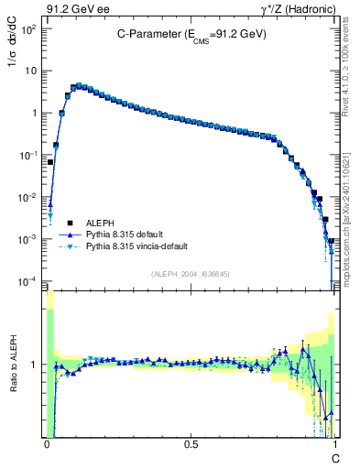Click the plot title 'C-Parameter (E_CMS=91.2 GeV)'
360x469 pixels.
[191, 33]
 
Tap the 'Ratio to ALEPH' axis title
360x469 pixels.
[16, 364]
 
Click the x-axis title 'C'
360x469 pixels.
[334, 456]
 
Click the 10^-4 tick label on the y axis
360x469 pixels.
[29, 280]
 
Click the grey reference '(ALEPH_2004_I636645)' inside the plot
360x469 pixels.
[191, 275]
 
